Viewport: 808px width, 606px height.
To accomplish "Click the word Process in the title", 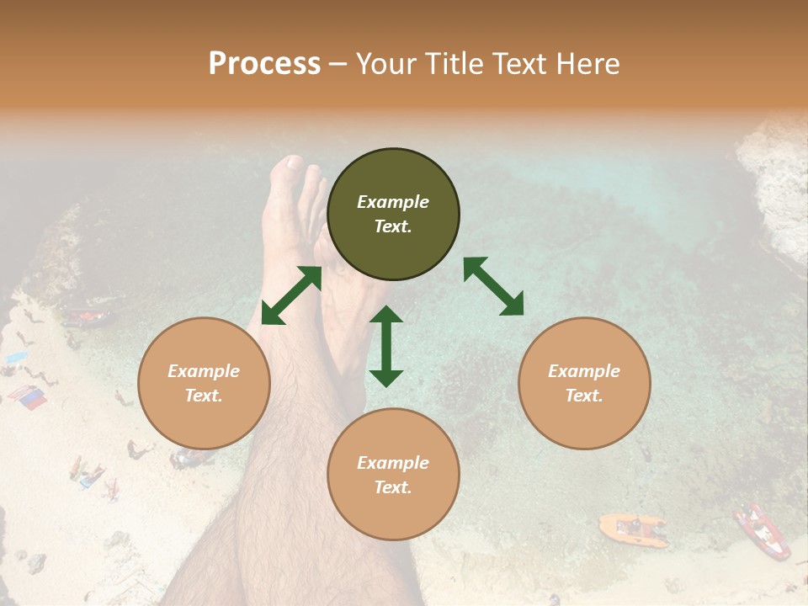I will point(264,64).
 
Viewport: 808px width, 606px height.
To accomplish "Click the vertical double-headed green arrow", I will point(386,346).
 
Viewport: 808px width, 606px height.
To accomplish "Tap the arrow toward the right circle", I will point(493,286).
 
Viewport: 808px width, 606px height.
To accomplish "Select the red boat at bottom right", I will point(762,531).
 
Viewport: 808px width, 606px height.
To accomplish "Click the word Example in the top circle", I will point(393,202).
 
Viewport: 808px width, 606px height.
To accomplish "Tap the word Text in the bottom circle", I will point(393,487).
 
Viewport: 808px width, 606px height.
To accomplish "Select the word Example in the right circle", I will point(584,371).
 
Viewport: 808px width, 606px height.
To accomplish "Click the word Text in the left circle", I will point(204,396).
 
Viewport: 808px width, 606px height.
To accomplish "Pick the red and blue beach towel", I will point(27,396).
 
